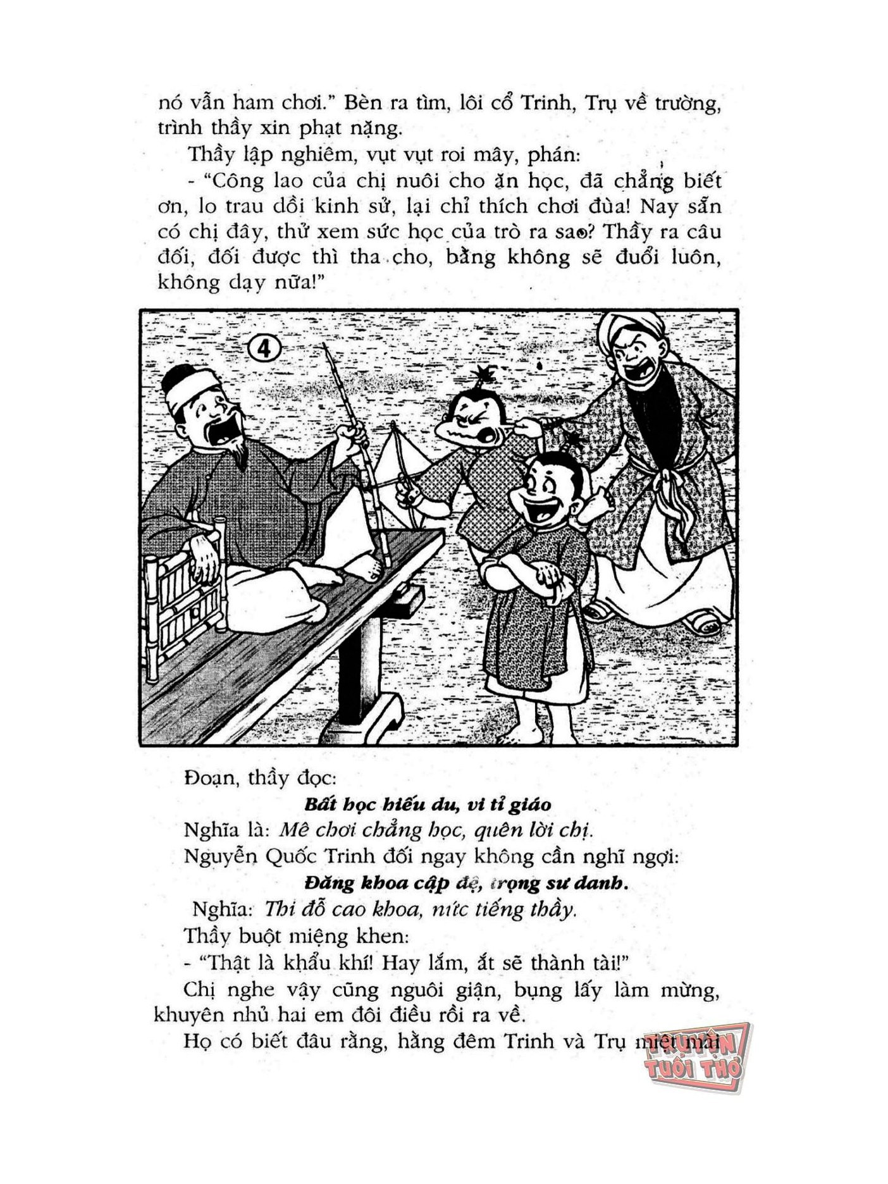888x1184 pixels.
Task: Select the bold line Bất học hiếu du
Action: [x=427, y=805]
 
